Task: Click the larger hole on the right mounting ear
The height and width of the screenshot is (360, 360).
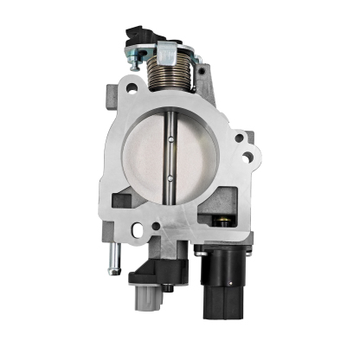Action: pyautogui.click(x=248, y=157)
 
